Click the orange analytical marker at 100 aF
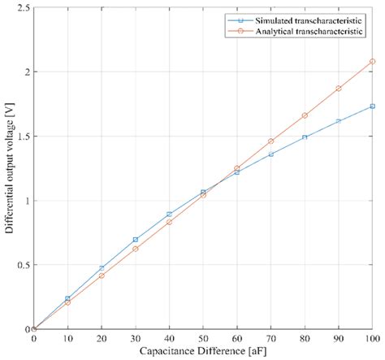pyautogui.click(x=373, y=61)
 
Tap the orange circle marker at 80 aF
pyautogui.click(x=305, y=115)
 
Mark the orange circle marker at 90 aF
pyautogui.click(x=339, y=89)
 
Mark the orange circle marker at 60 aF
pyautogui.click(x=237, y=168)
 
